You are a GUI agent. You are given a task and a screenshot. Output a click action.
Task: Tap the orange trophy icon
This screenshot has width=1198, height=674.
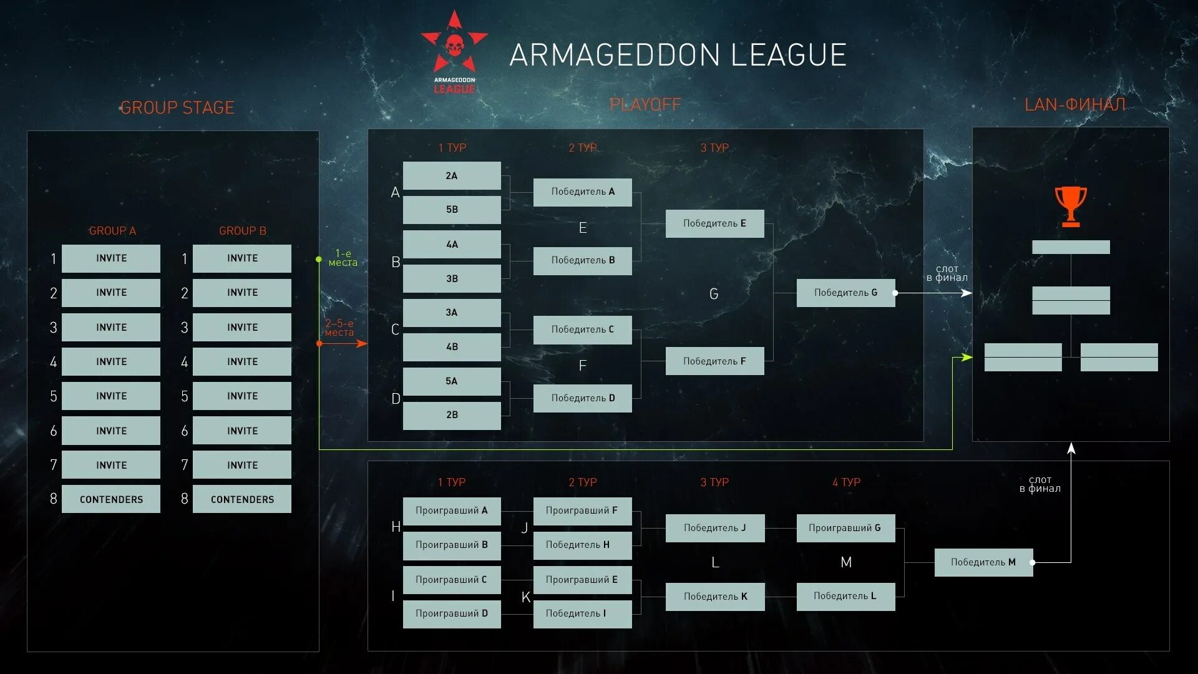(x=1071, y=206)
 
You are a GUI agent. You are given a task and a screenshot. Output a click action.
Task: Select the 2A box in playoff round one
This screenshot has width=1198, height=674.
(x=452, y=176)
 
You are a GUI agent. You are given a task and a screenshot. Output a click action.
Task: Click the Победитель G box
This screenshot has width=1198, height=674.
(x=845, y=293)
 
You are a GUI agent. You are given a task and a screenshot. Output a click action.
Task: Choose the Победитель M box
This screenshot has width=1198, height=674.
(x=983, y=562)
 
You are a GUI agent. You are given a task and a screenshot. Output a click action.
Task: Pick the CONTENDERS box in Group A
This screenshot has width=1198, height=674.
(x=111, y=499)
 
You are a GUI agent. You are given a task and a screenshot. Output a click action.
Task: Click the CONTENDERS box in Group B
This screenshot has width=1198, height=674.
(x=242, y=499)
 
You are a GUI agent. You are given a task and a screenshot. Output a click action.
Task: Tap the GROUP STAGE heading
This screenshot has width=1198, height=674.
(x=177, y=108)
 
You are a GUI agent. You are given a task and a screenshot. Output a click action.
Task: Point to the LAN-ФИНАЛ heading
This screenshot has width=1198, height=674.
(x=1075, y=104)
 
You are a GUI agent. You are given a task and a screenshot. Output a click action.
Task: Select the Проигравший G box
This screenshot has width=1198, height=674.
(x=845, y=528)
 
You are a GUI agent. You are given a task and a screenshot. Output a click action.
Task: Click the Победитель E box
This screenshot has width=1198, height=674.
(x=714, y=223)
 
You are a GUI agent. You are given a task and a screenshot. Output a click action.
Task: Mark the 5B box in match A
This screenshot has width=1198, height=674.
(x=452, y=210)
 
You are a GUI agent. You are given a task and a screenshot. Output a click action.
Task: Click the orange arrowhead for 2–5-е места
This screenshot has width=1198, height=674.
(x=361, y=343)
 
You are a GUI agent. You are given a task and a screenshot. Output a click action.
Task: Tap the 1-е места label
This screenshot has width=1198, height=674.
(x=343, y=258)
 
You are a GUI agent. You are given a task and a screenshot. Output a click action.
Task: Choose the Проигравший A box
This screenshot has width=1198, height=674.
(x=452, y=510)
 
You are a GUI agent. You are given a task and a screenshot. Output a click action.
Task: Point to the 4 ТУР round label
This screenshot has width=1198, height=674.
(x=846, y=482)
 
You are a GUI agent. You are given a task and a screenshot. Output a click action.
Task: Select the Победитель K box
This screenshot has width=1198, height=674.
(x=715, y=597)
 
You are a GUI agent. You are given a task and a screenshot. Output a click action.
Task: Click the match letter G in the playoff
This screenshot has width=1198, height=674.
(x=714, y=294)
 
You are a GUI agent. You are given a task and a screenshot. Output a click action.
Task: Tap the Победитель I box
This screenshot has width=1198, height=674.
(x=582, y=613)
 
